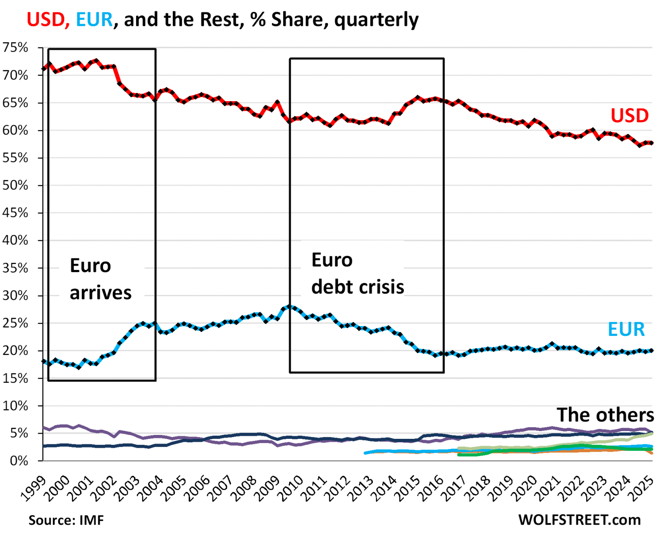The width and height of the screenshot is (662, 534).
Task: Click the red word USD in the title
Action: click(x=46, y=20)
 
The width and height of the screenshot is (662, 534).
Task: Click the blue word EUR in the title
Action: click(x=94, y=20)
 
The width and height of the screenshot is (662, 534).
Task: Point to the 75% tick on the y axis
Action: click(x=16, y=47)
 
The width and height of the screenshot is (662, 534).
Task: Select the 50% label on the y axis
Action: click(x=16, y=186)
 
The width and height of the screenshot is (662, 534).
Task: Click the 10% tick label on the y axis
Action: click(x=16, y=406)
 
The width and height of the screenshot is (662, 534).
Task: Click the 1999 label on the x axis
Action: click(x=33, y=488)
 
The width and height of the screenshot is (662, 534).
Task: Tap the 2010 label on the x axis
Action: click(x=291, y=488)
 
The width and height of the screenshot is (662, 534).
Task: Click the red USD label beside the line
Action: click(x=629, y=115)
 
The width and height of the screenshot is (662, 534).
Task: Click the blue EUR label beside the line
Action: click(x=626, y=329)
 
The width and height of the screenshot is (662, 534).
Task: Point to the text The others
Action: click(x=605, y=415)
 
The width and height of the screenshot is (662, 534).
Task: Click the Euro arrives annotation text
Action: click(x=100, y=279)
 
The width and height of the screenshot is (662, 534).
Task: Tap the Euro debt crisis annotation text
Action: click(x=357, y=273)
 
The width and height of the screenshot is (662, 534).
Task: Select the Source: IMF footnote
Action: click(x=66, y=520)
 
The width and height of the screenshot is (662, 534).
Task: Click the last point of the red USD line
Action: click(x=651, y=143)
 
